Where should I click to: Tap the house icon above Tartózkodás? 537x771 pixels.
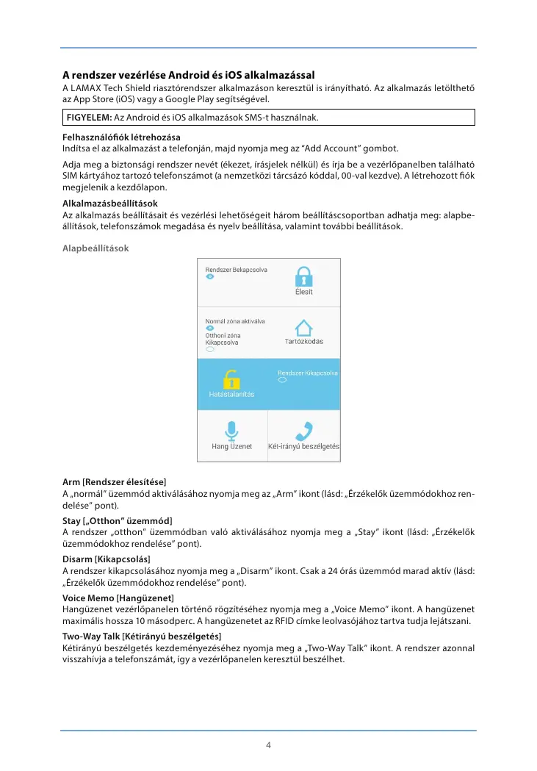[304, 328]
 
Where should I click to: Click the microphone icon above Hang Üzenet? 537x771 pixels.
[232, 430]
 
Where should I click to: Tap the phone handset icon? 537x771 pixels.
[303, 430]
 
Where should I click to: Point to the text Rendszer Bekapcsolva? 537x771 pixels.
[236, 270]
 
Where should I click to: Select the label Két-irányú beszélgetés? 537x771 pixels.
[303, 446]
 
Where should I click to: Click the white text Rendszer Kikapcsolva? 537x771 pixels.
[307, 373]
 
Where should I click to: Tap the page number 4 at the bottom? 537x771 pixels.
[268, 745]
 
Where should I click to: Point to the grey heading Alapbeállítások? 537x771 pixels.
[95, 248]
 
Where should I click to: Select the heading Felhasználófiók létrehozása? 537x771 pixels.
[121, 137]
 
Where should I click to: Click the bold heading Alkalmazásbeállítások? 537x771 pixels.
[110, 203]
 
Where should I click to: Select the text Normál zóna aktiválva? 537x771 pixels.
[234, 321]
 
